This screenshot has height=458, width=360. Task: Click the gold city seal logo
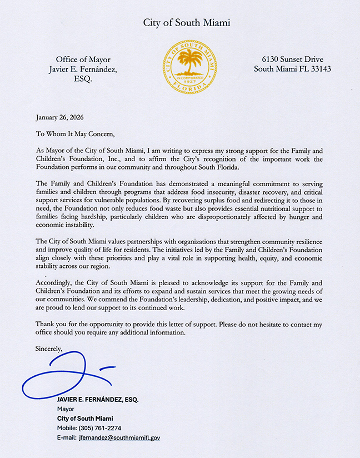point(189,67)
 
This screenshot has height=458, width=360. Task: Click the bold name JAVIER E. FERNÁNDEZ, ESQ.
point(98,400)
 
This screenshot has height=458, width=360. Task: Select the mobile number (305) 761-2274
point(103,428)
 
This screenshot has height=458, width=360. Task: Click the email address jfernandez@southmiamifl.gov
point(119,438)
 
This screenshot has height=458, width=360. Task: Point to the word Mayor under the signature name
point(66,409)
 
